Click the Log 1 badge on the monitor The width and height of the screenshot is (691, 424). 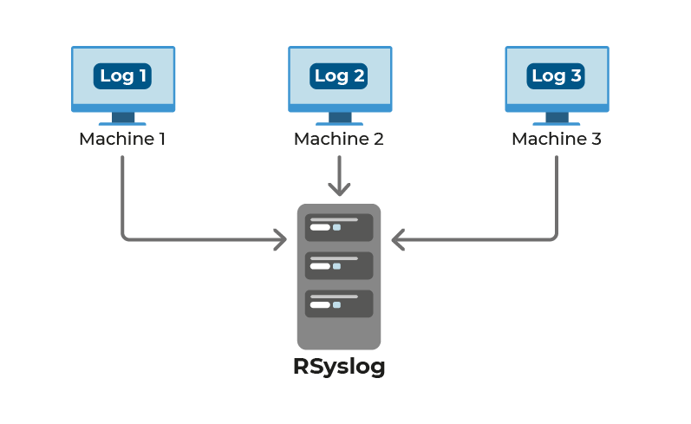coord(122,76)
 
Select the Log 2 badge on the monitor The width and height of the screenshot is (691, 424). coord(339,76)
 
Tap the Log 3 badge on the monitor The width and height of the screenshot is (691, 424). coord(557,76)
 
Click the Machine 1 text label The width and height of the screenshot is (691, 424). coord(122,139)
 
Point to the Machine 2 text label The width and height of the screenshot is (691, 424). coord(339,139)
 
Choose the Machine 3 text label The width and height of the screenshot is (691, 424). coord(557,139)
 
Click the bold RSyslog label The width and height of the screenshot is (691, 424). coord(339,367)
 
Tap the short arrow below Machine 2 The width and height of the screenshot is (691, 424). coord(339,178)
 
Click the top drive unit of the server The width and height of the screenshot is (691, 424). coord(339,227)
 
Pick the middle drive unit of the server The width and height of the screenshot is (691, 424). coord(339,265)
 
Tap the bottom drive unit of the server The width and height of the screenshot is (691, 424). coord(339,303)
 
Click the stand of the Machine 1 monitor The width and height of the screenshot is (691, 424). coord(122,119)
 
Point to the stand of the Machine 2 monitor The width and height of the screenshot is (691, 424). coord(339,119)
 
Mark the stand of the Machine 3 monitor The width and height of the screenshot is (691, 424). coord(557,119)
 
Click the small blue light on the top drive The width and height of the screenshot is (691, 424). coord(336,227)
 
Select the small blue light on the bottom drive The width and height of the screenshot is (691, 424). coord(336,304)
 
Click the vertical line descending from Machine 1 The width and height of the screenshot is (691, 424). coord(122,195)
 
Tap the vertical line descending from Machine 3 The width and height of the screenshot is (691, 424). coord(556,195)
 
